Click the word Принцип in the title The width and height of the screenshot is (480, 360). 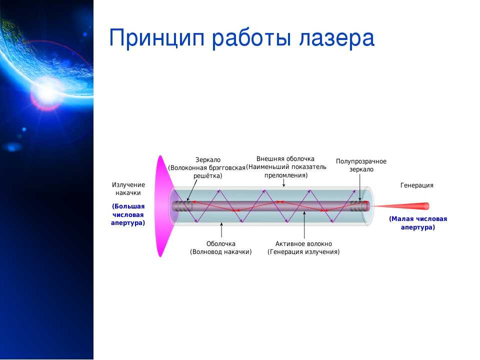(x=156, y=38)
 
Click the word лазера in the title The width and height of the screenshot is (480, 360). (x=336, y=38)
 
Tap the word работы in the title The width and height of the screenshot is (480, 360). (x=251, y=38)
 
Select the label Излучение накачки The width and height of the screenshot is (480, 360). (x=128, y=189)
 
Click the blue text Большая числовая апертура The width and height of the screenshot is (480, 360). (x=128, y=214)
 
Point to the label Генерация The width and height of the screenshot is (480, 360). (x=416, y=185)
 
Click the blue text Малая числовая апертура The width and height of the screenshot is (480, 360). (x=418, y=223)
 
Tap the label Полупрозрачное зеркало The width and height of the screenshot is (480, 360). (x=361, y=165)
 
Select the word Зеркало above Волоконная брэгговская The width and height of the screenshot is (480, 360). (x=208, y=160)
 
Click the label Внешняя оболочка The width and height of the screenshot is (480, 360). (x=285, y=159)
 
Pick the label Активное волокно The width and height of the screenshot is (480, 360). (x=303, y=243)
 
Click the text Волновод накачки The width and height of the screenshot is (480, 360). (x=220, y=252)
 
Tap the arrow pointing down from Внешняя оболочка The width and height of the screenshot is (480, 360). (x=284, y=183)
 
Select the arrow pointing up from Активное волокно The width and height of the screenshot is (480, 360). (x=304, y=225)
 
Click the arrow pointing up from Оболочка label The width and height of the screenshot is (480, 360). (x=221, y=230)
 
